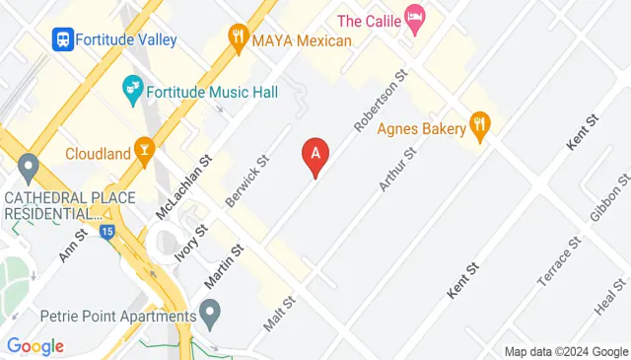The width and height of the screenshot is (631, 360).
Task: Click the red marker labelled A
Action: point(315,155)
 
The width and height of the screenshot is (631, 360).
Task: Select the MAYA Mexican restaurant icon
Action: point(238,40)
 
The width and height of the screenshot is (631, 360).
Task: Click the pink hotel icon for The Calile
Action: point(416,19)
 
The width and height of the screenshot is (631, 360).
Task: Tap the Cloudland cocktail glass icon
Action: point(145,152)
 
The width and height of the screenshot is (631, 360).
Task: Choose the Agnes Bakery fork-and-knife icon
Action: point(480,124)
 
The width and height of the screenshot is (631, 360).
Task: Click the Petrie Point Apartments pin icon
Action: point(209,316)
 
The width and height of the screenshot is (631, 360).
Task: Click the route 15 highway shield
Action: point(106,232)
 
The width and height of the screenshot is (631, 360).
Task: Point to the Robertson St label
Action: point(381,102)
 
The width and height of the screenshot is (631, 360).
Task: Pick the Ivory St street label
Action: point(191,245)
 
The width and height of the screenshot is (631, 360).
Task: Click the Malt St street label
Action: point(279,315)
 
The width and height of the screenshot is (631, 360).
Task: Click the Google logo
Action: point(35,346)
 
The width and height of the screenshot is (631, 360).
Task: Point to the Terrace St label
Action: point(553,270)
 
